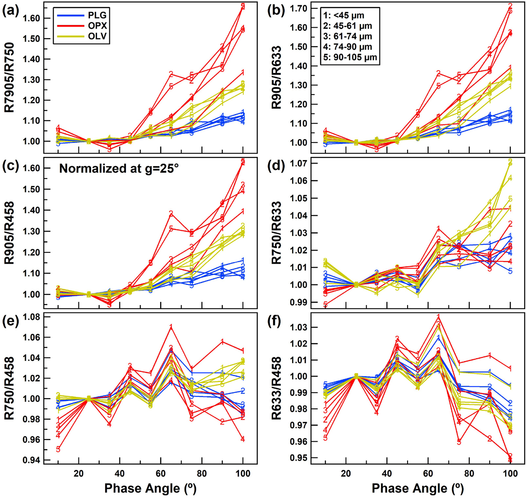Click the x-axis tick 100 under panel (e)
[x=243, y=473]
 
